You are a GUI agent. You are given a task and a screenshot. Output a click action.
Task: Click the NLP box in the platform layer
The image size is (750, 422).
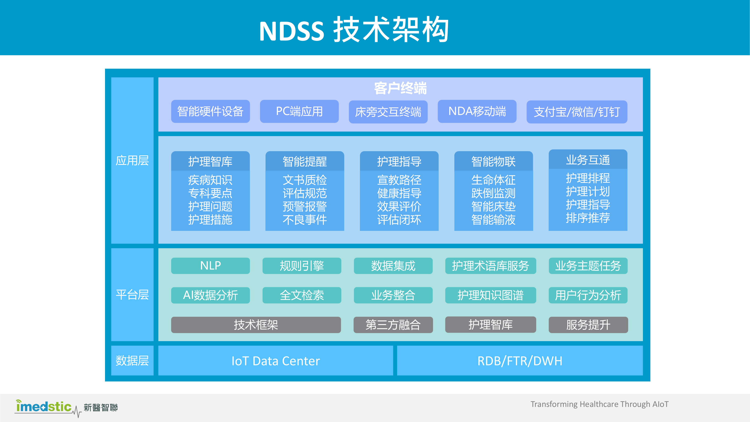[210, 265]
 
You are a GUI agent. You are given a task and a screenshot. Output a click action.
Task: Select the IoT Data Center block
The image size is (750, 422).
[275, 361]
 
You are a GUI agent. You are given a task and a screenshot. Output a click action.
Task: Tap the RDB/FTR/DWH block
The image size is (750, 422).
[520, 361]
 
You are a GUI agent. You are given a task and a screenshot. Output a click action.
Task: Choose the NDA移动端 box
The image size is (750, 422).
[477, 111]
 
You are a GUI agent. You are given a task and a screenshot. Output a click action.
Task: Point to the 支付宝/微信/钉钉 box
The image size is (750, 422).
[577, 112]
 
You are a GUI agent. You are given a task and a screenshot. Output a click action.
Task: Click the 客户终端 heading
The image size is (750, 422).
[400, 88]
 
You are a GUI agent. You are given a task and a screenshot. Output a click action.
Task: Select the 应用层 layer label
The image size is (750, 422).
[132, 161]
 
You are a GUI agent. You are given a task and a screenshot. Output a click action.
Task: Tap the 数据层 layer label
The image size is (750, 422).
[132, 361]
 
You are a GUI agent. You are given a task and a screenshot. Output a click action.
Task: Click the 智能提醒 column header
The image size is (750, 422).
[305, 161]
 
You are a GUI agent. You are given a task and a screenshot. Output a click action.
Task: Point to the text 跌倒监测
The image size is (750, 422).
[493, 193]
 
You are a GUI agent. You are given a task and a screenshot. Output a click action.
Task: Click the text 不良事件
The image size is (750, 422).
[305, 220]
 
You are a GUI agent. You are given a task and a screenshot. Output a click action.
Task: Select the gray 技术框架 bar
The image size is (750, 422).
[256, 325]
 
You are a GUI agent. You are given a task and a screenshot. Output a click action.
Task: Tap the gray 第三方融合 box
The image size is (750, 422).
[393, 325]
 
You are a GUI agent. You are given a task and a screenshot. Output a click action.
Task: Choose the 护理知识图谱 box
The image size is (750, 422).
[490, 295]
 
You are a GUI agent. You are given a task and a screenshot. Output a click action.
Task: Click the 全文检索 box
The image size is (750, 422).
[302, 295]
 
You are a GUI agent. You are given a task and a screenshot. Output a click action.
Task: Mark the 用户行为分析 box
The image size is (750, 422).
[588, 295]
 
